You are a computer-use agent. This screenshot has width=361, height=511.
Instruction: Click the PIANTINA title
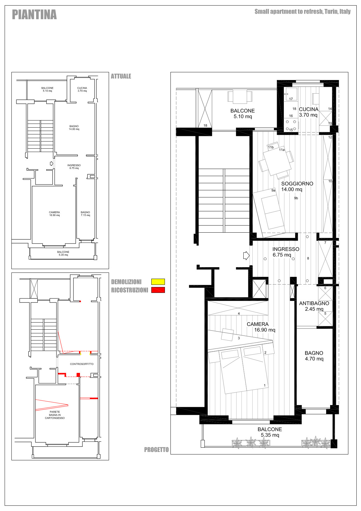click(x=34, y=15)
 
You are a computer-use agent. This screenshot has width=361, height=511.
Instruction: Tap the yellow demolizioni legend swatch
click(x=158, y=282)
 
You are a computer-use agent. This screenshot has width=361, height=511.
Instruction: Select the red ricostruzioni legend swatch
click(x=158, y=290)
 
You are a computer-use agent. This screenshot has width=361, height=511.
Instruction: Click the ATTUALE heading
click(x=121, y=76)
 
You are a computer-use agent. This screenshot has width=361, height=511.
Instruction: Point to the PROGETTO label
click(x=157, y=450)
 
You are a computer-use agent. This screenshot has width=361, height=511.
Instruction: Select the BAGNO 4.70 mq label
click(x=314, y=356)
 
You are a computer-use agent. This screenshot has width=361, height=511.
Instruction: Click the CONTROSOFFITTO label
click(x=82, y=364)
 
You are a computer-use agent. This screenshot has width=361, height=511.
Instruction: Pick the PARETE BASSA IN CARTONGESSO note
click(x=55, y=415)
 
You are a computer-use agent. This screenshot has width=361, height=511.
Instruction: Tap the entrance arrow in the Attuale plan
click(x=52, y=163)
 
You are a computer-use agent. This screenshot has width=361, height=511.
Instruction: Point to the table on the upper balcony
click(x=240, y=96)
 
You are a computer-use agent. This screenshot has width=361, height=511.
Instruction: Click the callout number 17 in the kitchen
click(x=291, y=99)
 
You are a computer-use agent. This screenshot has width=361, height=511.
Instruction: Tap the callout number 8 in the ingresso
click(x=308, y=258)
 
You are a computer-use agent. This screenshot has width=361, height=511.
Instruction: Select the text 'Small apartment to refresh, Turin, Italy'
click(x=302, y=11)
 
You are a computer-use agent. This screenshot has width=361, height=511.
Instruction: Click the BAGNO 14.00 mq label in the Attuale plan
click(x=74, y=128)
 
